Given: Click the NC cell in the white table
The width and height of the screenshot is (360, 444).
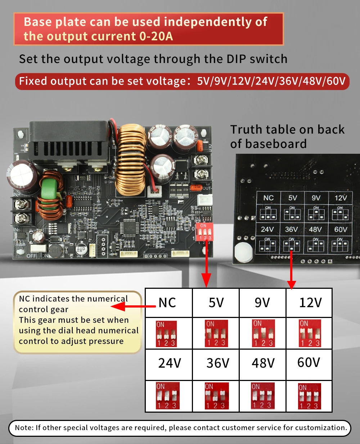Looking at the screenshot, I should coord(167,303).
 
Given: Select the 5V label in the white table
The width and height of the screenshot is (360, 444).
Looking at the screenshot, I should coord(216,303).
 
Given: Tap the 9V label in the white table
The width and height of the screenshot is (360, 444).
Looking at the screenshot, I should coord(262,303).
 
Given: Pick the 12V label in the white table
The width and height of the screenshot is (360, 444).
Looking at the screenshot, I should coord(310,303).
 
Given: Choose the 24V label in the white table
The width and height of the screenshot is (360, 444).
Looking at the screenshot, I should coord(169,363).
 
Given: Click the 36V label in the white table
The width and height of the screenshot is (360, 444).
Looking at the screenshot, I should coord(217,363).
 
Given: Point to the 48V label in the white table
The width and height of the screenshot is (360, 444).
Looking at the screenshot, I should coord(263,363).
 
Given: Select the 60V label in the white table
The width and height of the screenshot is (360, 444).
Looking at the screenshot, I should coord(309,362).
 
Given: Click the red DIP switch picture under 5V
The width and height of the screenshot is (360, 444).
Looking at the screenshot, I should coord(216,333).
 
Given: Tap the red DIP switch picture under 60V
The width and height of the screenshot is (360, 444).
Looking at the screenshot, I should coord(309,396).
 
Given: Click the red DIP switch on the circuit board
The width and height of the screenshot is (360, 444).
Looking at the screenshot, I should coord(204,232).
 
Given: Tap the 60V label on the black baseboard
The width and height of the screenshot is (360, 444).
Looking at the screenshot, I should coord(341,229).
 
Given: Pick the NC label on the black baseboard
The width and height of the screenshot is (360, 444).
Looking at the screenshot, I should coord(269,198).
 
